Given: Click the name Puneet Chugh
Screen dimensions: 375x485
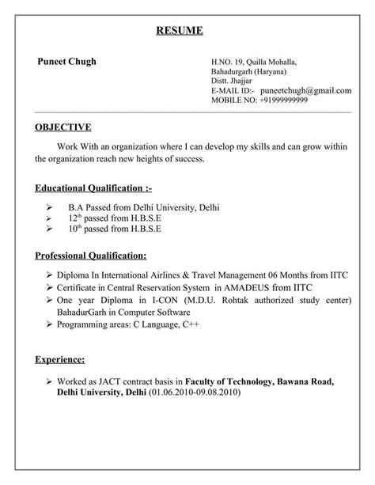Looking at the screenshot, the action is [66, 62].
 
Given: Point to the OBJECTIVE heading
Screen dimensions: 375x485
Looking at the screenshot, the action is [63, 127].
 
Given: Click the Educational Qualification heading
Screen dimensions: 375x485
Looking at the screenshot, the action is [93, 189].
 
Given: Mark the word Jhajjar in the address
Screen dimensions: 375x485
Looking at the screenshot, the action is [241, 81].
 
